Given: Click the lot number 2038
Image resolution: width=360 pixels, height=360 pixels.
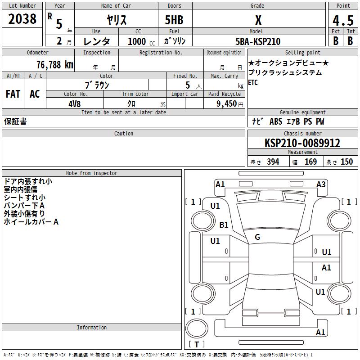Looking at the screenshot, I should point(22,19).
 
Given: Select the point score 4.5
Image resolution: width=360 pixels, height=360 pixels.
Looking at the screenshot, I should point(342,21).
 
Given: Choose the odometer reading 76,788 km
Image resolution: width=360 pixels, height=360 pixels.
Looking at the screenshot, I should point(54,65).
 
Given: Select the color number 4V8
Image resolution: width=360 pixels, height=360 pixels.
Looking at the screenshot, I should point(74,103).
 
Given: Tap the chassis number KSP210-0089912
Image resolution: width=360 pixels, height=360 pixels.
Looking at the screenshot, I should point(302,143).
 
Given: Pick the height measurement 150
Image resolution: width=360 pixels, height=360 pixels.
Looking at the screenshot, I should point(346,162).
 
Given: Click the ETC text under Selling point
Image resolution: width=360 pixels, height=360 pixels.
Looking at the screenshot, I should point(253,83).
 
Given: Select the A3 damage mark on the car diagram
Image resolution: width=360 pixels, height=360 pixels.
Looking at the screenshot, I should point(321,184).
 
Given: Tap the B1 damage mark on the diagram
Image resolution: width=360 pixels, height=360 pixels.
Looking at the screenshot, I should point(224,225).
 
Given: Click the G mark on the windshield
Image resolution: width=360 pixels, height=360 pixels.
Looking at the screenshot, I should point(257,237).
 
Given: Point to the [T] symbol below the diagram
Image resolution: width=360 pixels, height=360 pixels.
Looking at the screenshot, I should point(196,344).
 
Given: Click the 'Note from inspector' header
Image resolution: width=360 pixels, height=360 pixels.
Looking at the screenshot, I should point(92,173).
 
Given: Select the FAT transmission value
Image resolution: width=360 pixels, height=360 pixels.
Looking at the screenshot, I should point(13,94).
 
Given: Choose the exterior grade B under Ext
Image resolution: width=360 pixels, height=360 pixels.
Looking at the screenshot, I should point(336,40).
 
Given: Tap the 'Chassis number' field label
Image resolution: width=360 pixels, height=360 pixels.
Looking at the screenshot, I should point(302,134).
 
